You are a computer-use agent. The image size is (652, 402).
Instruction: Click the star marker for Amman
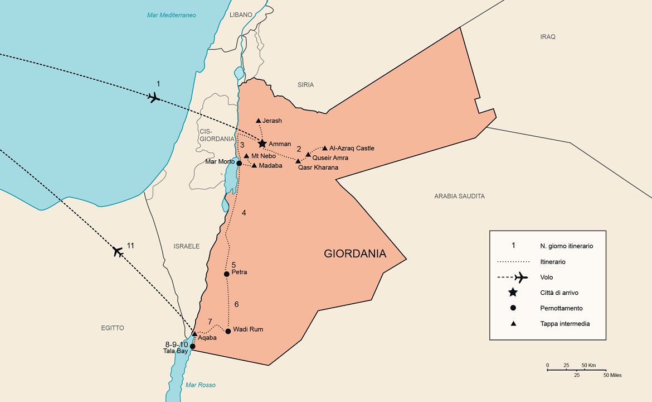(x=262, y=143)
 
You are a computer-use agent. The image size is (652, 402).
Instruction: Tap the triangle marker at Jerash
(x=258, y=121)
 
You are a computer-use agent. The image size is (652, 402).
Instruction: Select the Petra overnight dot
(x=226, y=274)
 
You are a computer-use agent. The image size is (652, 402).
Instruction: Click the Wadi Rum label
(x=248, y=329)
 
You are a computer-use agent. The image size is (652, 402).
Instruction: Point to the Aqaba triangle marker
(x=194, y=334)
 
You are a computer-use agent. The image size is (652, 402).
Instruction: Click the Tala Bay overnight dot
(x=193, y=346)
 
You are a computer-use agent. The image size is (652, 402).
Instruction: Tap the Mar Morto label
(x=219, y=161)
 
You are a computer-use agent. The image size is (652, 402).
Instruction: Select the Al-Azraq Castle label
(x=352, y=149)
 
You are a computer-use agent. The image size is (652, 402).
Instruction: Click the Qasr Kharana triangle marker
(x=298, y=161)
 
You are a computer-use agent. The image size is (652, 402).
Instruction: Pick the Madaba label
(x=271, y=165)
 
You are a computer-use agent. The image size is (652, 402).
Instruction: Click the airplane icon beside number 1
(x=154, y=98)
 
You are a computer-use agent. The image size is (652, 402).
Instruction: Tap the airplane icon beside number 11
(x=118, y=251)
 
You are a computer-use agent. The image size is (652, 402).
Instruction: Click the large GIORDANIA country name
(x=355, y=254)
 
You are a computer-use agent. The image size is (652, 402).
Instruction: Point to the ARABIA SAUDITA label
(x=459, y=197)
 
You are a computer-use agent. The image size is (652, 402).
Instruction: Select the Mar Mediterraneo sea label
(x=172, y=15)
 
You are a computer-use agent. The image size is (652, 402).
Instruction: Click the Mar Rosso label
(x=201, y=385)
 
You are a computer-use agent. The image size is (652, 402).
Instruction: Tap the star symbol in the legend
(x=513, y=293)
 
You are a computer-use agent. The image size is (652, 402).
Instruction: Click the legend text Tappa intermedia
(x=565, y=324)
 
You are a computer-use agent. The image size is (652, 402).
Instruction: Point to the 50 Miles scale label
(x=612, y=375)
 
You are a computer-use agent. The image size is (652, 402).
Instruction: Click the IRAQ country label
(x=548, y=37)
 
